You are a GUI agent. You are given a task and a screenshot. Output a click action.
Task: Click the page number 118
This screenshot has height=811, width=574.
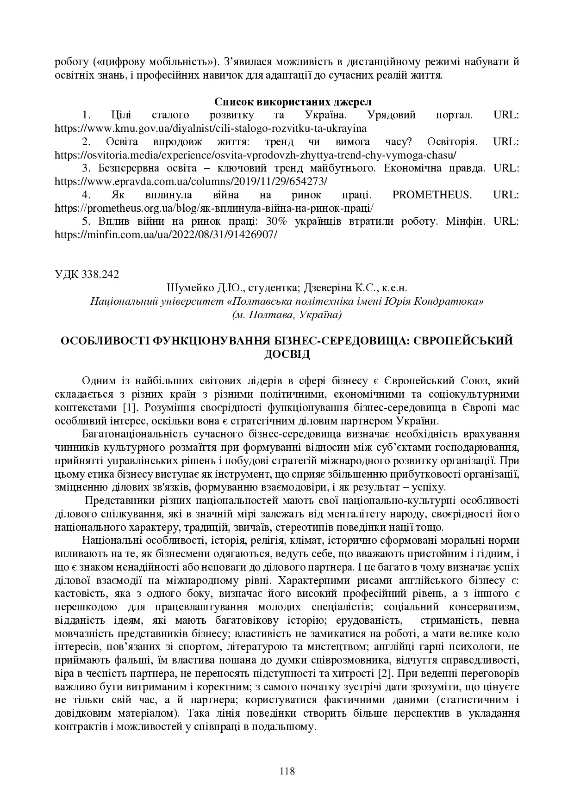[x=287, y=771]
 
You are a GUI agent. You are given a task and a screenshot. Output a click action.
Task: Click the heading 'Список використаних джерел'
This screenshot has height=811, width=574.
[x=287, y=101]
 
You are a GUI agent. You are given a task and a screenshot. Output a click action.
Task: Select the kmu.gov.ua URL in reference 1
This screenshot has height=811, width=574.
[x=211, y=128]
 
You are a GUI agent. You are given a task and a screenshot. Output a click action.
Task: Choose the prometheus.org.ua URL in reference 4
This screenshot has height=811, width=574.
[x=214, y=208]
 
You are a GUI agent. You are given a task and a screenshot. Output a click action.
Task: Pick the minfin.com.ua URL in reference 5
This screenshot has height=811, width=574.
[x=166, y=234]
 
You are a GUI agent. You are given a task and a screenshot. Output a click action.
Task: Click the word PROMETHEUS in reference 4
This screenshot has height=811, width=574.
[x=431, y=195]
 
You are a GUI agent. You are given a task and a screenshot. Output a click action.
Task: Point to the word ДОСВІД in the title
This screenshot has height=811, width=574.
[x=287, y=354]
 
